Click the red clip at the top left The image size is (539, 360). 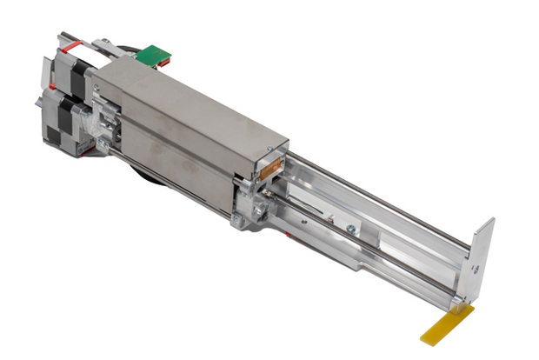(75, 40)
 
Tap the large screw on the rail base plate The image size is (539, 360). (348, 229)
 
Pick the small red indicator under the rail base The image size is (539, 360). (288, 233)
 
